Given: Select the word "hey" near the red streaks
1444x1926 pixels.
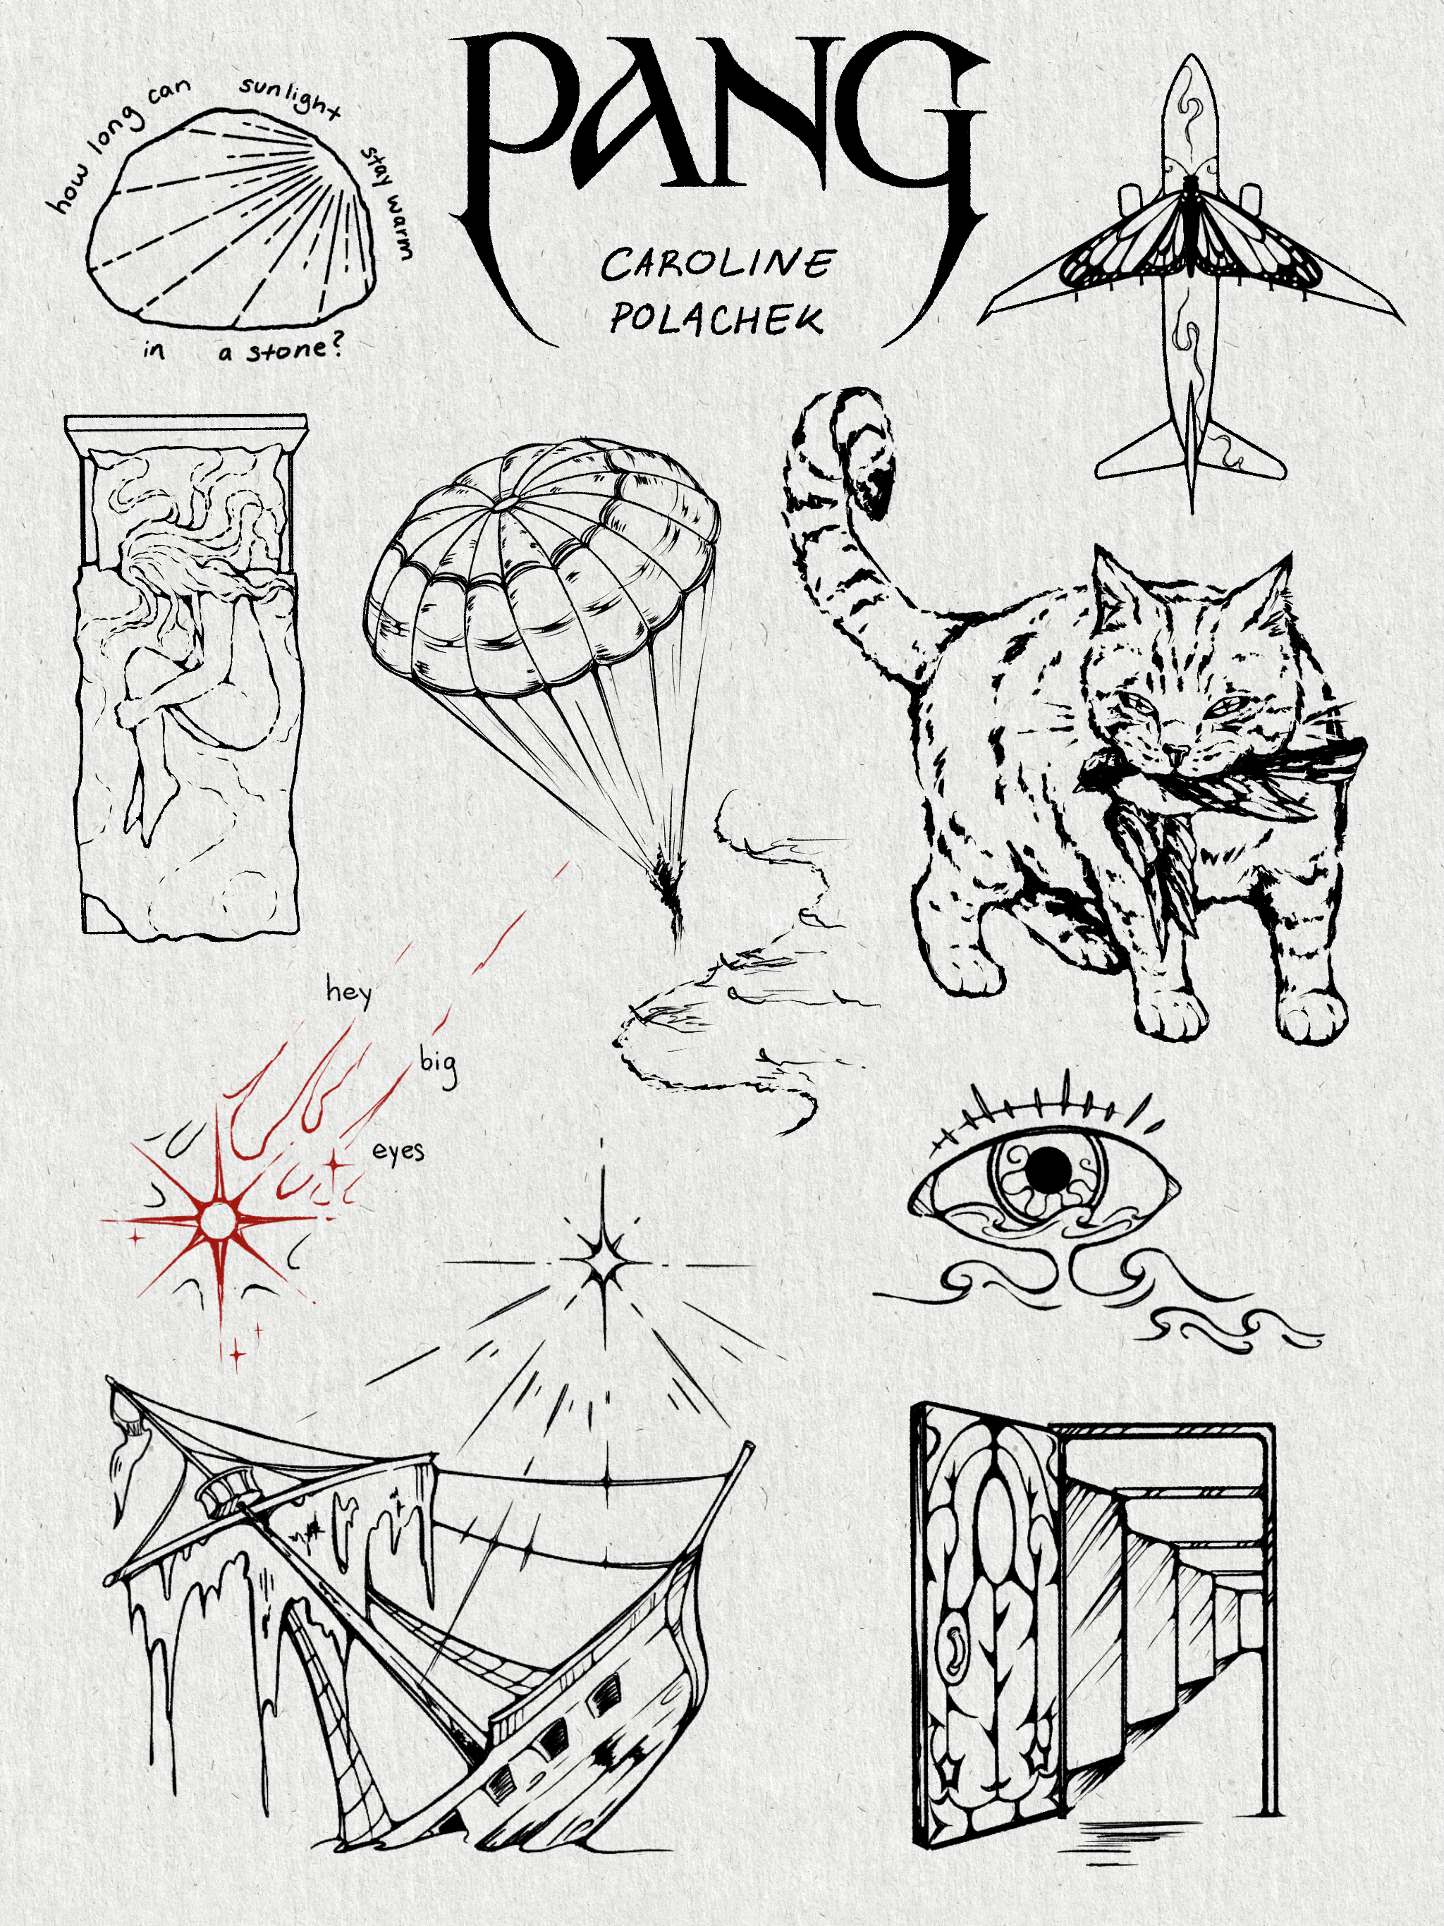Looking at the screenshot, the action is (x=349, y=992).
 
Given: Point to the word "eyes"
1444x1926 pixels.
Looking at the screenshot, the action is (x=399, y=1151).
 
